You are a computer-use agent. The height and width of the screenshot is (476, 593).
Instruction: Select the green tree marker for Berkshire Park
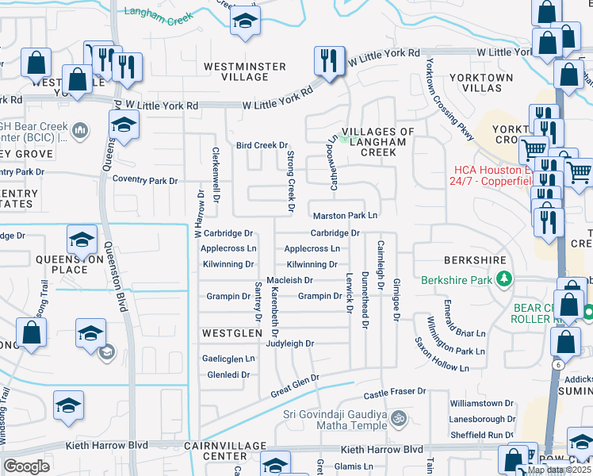[x=503, y=279]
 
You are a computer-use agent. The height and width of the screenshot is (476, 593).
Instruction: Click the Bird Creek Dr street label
[x=262, y=145]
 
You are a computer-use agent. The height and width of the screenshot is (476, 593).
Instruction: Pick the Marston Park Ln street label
[x=345, y=216]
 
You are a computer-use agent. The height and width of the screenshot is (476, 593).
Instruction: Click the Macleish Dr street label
[x=290, y=281]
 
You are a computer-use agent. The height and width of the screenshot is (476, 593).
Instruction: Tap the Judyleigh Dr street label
[x=290, y=344]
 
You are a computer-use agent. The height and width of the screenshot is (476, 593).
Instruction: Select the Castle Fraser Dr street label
[x=395, y=393]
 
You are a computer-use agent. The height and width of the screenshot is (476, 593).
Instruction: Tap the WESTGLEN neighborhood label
[x=231, y=333]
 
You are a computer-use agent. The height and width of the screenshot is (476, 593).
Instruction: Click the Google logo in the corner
[x=26, y=466]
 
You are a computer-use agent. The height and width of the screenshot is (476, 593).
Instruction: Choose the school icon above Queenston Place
[x=82, y=241]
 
